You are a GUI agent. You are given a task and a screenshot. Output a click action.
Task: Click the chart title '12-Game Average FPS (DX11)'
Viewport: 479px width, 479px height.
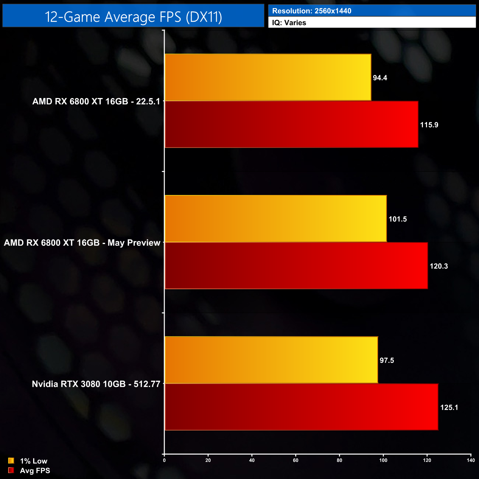(133, 17)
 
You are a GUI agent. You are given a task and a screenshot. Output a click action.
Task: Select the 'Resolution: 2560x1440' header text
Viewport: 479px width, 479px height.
(311, 11)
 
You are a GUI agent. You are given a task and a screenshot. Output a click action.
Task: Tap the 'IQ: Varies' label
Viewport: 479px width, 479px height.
(289, 23)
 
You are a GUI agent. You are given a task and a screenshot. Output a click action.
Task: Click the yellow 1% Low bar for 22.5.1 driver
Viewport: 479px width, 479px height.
(268, 77)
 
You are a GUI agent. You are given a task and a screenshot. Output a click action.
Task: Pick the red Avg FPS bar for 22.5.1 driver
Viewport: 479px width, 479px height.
(291, 125)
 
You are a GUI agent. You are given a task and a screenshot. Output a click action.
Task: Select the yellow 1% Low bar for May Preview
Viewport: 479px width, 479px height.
(276, 218)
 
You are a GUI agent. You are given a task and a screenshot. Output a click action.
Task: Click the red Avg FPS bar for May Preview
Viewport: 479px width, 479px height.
(296, 266)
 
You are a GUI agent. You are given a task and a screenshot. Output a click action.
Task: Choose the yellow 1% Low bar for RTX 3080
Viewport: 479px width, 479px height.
(271, 360)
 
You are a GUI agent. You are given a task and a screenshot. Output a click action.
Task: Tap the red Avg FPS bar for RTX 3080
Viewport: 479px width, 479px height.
(301, 407)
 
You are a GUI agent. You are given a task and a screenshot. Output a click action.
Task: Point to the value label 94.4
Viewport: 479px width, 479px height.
(380, 78)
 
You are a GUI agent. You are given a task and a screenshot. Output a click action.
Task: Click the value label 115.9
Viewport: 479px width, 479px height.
(429, 125)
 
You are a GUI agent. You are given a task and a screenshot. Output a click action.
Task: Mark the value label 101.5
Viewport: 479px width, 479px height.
(398, 219)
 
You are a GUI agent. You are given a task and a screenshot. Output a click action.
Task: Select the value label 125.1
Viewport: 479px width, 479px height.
(449, 408)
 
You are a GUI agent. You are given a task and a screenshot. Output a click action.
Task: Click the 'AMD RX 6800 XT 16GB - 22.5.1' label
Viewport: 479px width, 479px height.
(96, 101)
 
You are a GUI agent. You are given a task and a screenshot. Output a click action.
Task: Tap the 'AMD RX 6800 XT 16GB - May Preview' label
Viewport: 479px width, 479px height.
(82, 243)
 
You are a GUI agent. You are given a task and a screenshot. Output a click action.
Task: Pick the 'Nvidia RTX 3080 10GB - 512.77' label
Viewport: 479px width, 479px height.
(96, 384)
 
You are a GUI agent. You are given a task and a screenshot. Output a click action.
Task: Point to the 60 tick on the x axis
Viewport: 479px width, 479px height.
(296, 460)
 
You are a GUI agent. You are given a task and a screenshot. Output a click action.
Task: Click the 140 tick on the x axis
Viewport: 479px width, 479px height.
(471, 460)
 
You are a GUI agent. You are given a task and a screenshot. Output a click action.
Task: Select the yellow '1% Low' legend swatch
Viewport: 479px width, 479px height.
(11, 461)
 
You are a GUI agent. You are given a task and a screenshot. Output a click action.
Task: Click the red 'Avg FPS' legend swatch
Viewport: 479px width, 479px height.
(11, 470)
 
